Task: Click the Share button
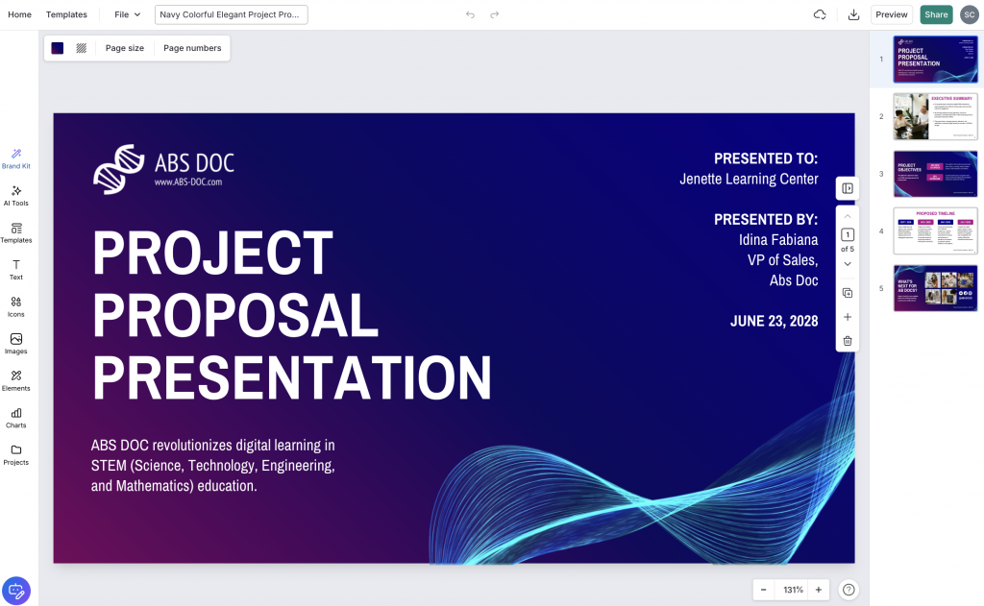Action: (x=936, y=14)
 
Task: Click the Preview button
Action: (x=891, y=14)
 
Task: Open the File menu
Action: (x=127, y=14)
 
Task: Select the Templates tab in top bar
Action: (x=66, y=14)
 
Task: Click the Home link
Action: (x=19, y=14)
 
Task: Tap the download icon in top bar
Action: (x=853, y=14)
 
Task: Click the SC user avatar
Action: (x=969, y=14)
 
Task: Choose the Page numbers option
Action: (x=192, y=48)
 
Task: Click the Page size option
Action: (x=125, y=48)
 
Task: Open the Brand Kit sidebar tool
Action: (x=16, y=158)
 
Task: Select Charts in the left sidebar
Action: (x=16, y=418)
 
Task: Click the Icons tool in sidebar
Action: (x=16, y=306)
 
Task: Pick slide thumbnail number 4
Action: (x=935, y=230)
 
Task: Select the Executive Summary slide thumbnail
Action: (x=935, y=116)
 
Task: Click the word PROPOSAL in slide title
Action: (x=235, y=314)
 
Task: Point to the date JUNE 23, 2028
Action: (x=774, y=321)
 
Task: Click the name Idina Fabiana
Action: (x=777, y=239)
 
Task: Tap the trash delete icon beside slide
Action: (x=848, y=341)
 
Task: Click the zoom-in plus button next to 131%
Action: (x=819, y=590)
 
